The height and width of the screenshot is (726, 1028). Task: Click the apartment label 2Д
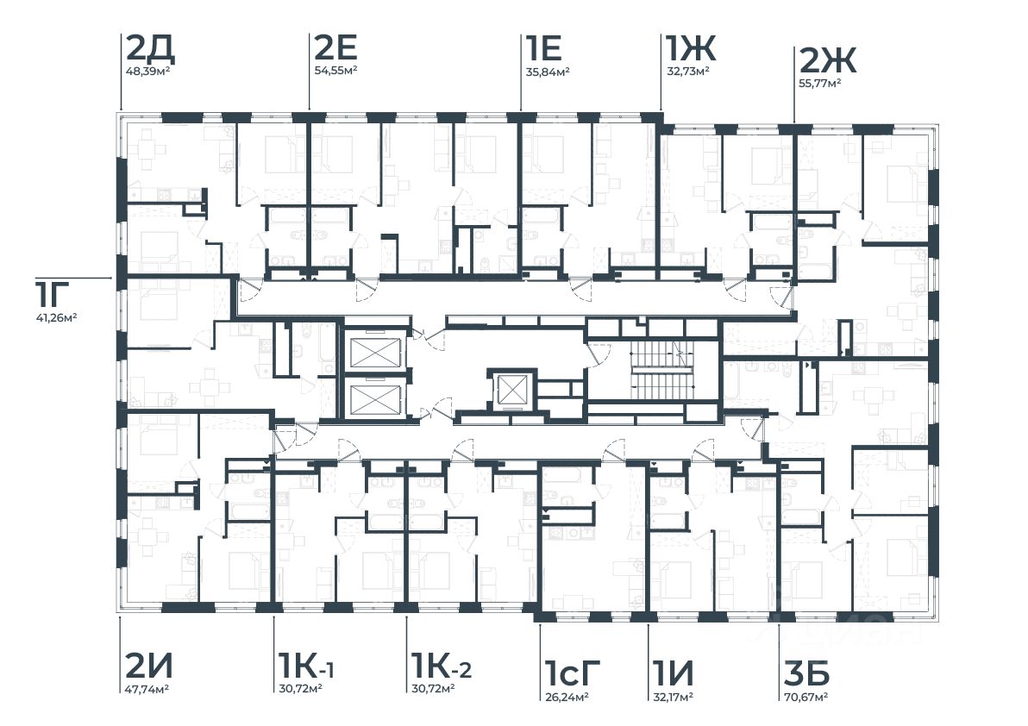[150, 48]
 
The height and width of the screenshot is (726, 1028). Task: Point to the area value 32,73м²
[686, 71]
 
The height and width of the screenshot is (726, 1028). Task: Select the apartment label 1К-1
[306, 666]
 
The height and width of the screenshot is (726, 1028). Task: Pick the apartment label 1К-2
[442, 666]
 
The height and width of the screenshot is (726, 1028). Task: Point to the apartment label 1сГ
[572, 669]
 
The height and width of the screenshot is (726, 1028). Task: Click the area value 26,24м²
[566, 697]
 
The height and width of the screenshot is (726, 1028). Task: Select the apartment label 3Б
[805, 669]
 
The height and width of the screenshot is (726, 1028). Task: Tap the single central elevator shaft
[511, 391]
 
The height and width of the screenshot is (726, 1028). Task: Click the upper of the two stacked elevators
[375, 354]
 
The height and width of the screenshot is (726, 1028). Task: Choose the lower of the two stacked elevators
[375, 398]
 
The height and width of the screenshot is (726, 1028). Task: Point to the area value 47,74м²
[146, 689]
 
